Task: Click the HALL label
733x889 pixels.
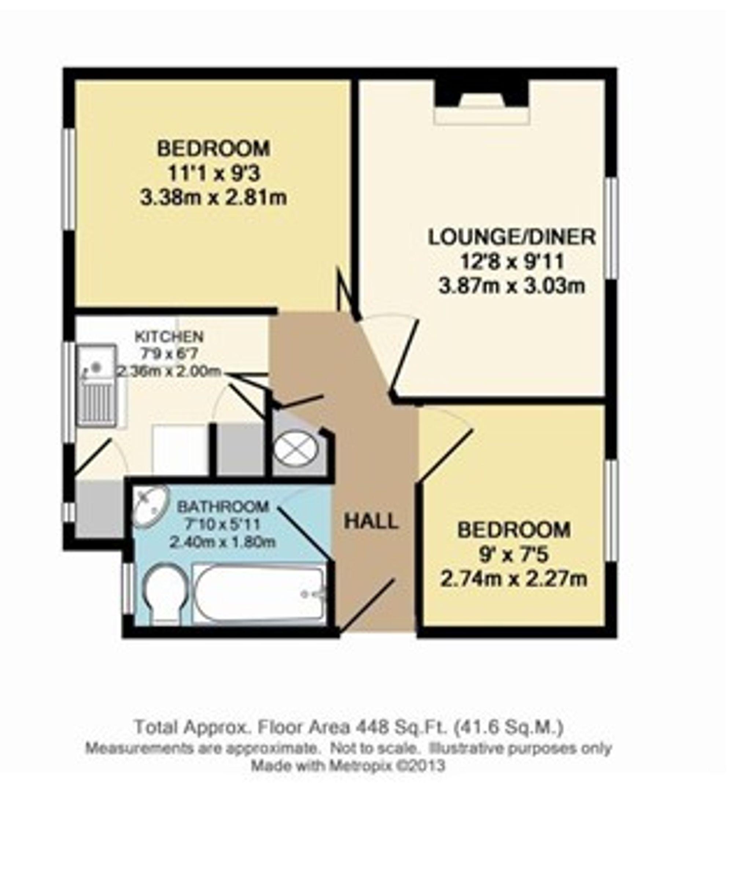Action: [x=371, y=521]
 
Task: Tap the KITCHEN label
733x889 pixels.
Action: [x=169, y=337]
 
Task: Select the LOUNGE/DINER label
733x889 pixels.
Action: [x=512, y=237]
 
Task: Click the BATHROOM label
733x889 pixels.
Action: [x=223, y=506]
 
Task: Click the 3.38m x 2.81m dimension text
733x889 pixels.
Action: [x=214, y=198]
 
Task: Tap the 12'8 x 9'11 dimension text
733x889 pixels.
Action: [x=512, y=262]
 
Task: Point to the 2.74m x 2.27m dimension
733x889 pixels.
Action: [x=514, y=578]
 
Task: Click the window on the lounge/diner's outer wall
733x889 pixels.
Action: [x=611, y=228]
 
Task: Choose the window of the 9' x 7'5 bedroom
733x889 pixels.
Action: [x=611, y=511]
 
